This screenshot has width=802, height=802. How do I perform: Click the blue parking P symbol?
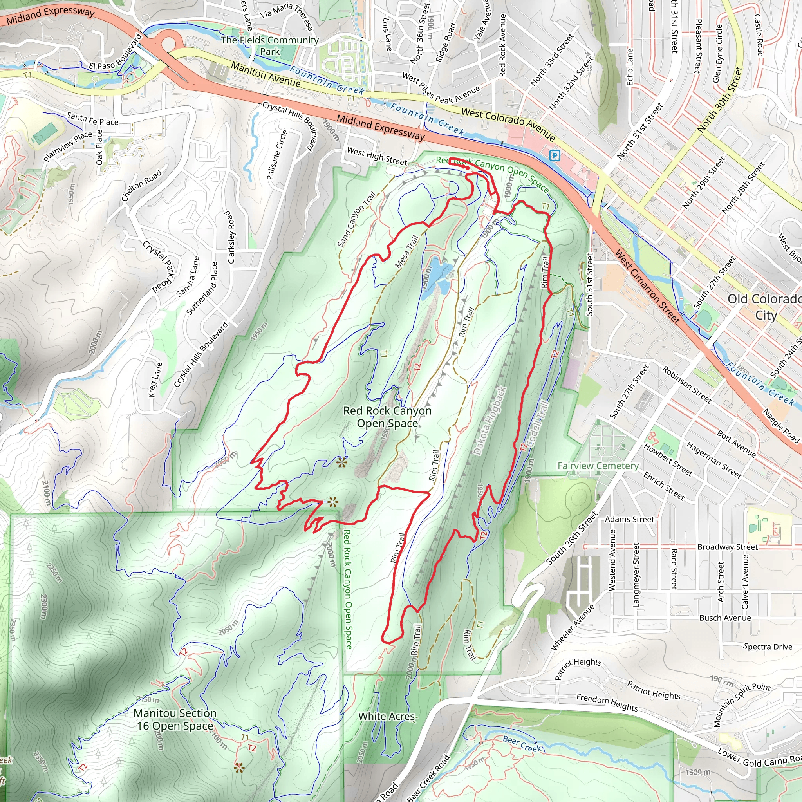click(x=555, y=156)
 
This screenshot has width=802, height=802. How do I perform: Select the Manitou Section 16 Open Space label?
click(x=175, y=719)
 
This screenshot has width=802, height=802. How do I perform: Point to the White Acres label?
click(x=386, y=717)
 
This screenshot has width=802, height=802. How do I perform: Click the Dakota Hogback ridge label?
click(x=490, y=420)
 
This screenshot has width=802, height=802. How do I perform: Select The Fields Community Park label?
click(x=270, y=46)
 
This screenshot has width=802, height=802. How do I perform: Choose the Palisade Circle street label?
click(x=277, y=155)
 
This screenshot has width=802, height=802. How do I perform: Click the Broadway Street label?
click(x=727, y=547)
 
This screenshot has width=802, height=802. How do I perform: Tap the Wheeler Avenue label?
click(x=573, y=628)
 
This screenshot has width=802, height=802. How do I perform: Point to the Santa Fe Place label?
click(x=92, y=119)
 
